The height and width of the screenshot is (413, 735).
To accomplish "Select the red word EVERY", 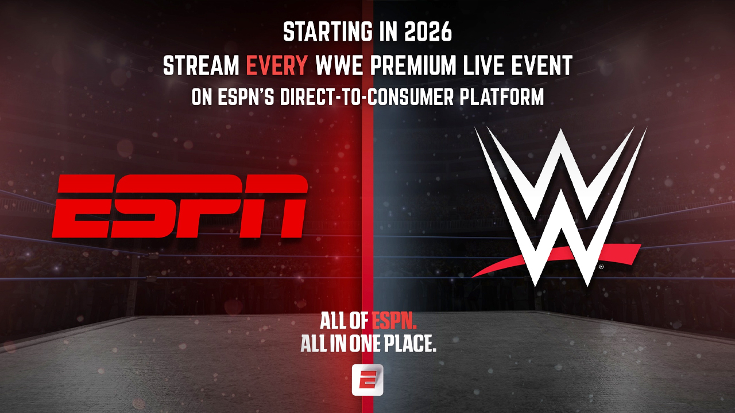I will click(x=277, y=66).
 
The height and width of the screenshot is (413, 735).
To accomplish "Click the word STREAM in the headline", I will click(x=201, y=66).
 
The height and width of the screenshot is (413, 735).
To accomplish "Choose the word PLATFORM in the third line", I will click(x=506, y=98).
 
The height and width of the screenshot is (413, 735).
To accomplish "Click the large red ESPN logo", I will click(x=180, y=206).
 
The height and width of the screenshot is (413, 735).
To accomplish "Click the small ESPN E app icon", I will click(x=367, y=380).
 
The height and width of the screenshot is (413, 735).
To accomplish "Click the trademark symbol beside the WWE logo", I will click(x=601, y=267).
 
